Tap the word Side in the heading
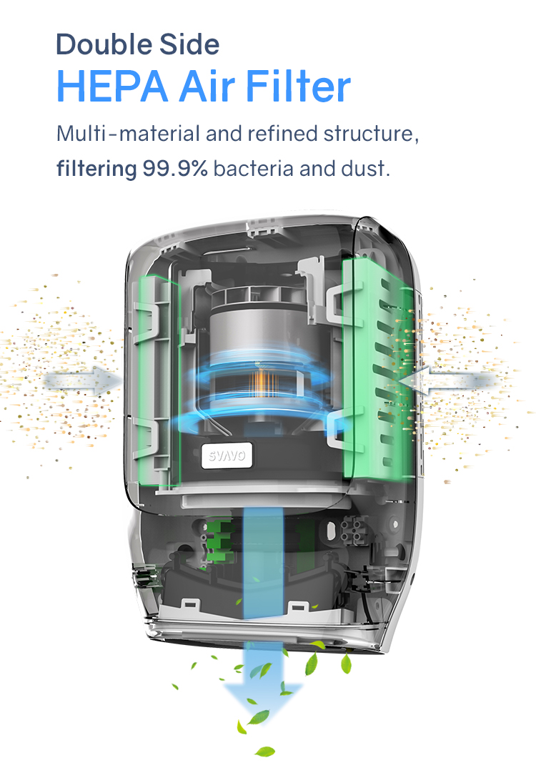[189, 44]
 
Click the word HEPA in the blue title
[112, 87]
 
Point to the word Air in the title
[207, 87]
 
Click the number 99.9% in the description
[175, 169]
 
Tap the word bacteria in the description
[254, 169]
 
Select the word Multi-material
[128, 134]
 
